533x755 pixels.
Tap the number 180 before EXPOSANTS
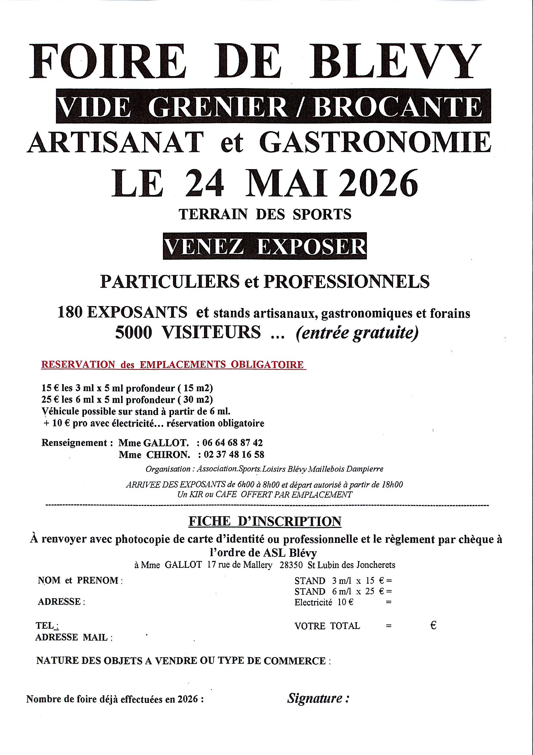(x=70, y=312)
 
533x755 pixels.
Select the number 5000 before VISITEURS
(x=134, y=332)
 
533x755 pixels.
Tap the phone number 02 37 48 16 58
(x=234, y=454)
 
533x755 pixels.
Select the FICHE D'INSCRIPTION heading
(x=265, y=521)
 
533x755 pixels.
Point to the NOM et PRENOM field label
(x=80, y=580)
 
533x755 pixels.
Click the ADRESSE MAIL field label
(x=74, y=637)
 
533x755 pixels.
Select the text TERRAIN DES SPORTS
(x=265, y=214)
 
